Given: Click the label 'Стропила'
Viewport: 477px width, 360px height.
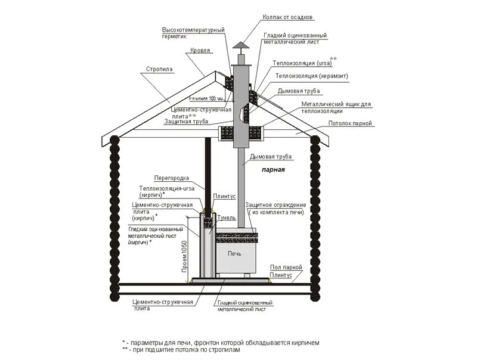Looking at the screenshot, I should [x=159, y=69].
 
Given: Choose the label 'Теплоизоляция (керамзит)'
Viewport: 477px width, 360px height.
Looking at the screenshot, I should [x=312, y=77].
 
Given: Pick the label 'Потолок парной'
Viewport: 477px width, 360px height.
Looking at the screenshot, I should [x=351, y=123].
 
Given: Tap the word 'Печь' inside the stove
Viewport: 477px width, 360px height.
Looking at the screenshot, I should [x=230, y=253].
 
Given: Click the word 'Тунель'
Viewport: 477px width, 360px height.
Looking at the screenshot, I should [x=210, y=218].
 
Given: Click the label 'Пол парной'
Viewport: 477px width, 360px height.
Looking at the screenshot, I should [x=284, y=268].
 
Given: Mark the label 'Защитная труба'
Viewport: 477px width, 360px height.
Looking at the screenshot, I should [x=185, y=121].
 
